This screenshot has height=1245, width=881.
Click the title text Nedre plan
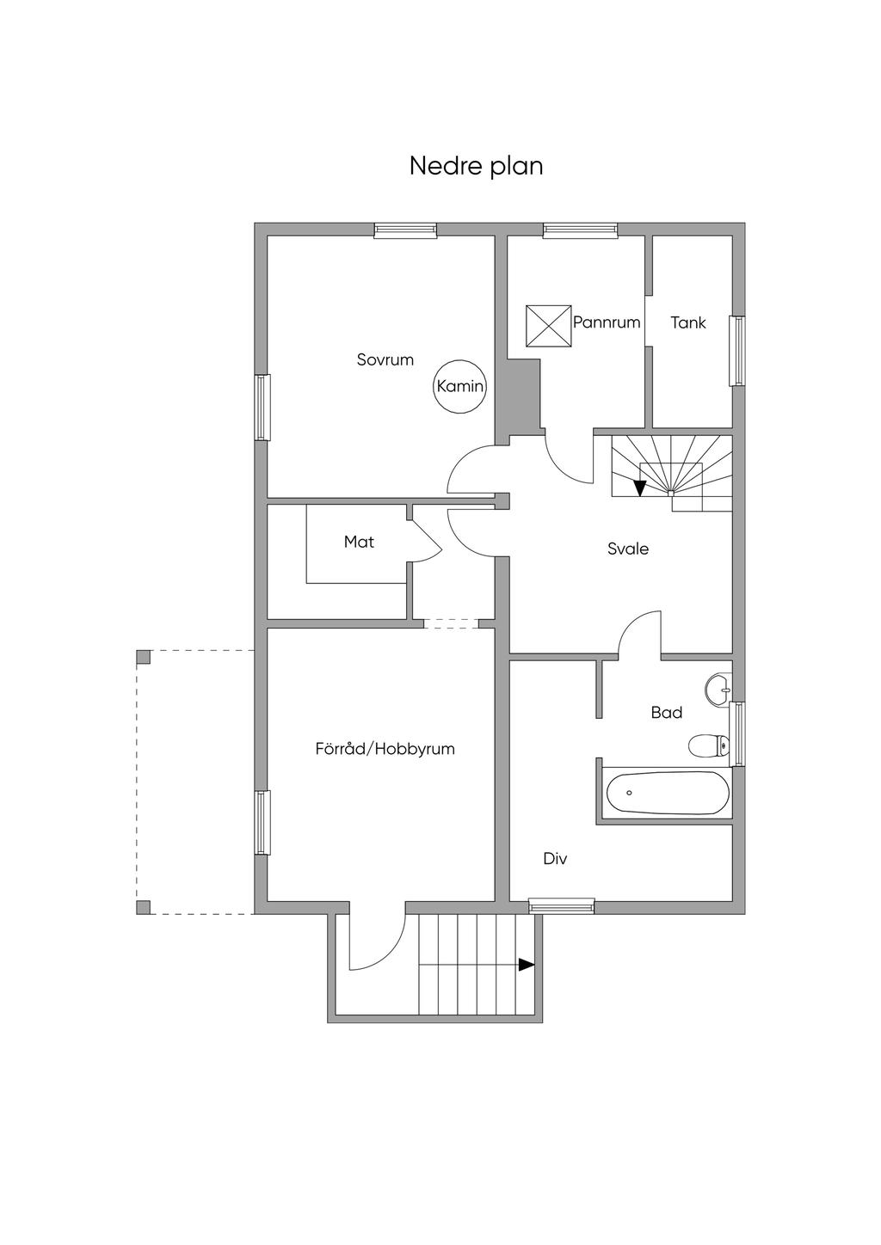click(476, 165)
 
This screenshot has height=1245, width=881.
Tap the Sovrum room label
click(385, 359)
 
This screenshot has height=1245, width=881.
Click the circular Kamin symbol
click(460, 386)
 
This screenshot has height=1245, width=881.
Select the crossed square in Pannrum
click(549, 325)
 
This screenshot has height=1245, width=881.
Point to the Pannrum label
click(607, 322)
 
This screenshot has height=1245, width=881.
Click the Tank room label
click(688, 322)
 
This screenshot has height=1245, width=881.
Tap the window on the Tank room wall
click(737, 351)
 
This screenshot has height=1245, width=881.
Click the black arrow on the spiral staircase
click(639, 488)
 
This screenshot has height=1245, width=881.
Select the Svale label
click(628, 549)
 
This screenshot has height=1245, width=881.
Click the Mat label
click(359, 542)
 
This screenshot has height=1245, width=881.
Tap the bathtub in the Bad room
click(667, 793)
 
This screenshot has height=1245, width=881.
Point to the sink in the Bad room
click(718, 689)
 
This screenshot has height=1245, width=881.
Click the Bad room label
click(667, 712)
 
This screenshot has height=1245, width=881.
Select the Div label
click(555, 858)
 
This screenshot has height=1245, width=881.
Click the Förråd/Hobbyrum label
click(385, 748)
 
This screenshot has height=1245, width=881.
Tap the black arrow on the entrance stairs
click(527, 965)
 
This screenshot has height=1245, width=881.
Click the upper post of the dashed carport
click(143, 657)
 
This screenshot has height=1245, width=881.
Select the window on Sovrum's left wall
click(262, 408)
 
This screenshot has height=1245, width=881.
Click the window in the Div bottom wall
click(561, 905)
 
